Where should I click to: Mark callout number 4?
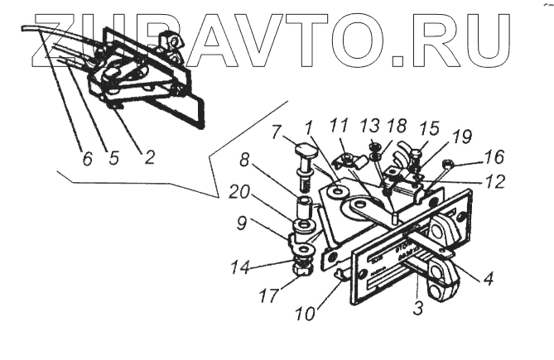489,279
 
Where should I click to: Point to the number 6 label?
87,156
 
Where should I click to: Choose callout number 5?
113,156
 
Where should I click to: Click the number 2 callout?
149,156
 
